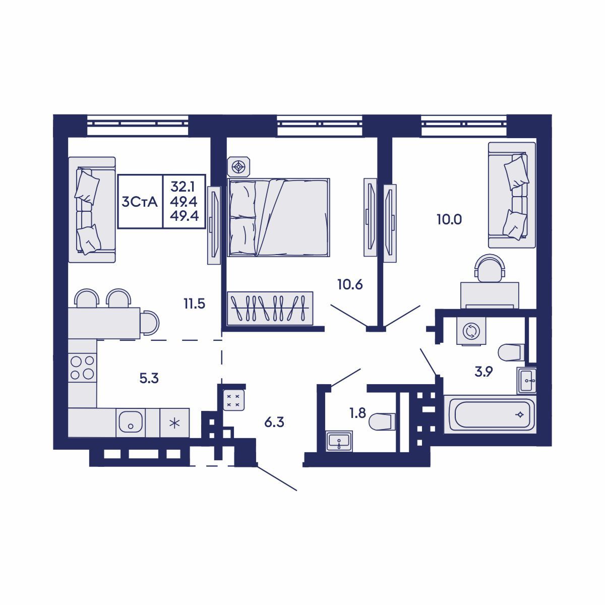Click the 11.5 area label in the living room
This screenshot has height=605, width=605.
click(194, 304)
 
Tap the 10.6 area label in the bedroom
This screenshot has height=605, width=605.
click(350, 284)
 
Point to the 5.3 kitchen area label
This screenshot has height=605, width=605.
click(149, 378)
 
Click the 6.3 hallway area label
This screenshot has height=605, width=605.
click(274, 422)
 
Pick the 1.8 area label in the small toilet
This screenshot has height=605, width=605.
click(357, 413)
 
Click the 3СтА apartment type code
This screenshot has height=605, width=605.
click(140, 202)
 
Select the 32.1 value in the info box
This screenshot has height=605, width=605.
click(185, 188)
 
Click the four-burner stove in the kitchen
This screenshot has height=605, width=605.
click(82, 367)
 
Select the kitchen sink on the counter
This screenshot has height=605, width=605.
click(131, 422)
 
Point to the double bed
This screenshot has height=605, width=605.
click(278, 217)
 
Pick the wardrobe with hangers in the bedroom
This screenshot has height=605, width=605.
click(270, 308)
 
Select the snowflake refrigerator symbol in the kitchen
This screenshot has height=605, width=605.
click(174, 422)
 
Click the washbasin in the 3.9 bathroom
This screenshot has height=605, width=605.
click(527, 380)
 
